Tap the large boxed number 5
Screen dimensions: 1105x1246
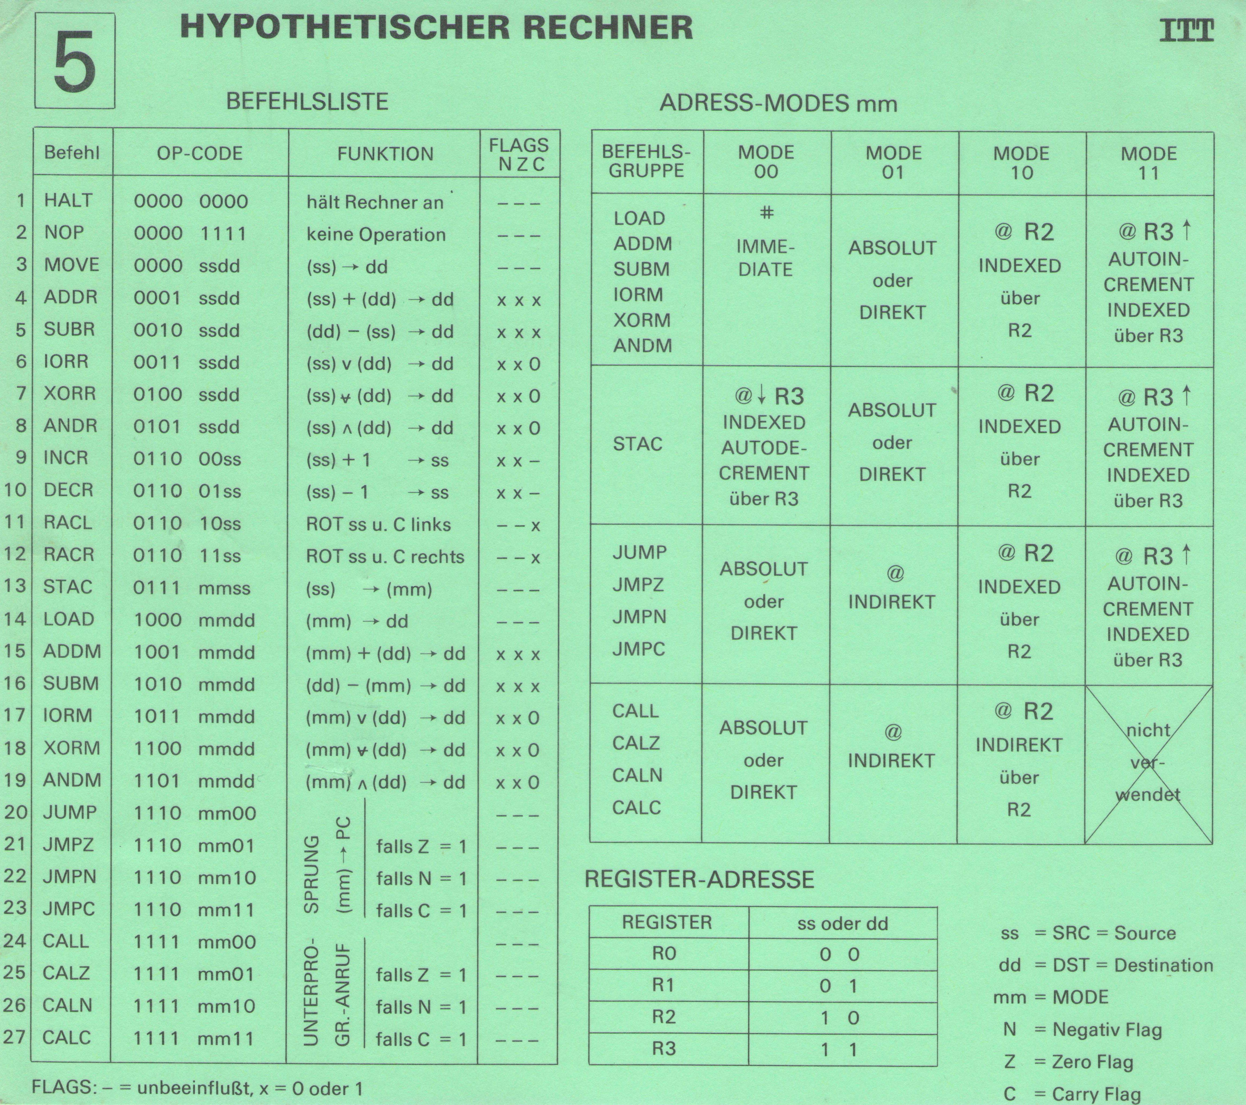tap(74, 62)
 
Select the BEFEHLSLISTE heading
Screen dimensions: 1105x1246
tap(307, 101)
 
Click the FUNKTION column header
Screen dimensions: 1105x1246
tap(385, 153)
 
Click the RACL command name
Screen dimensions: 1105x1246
tap(68, 522)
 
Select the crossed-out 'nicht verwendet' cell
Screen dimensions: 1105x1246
tap(1149, 763)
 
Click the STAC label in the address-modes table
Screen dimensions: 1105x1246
tap(638, 444)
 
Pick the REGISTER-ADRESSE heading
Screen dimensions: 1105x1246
tap(699, 879)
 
